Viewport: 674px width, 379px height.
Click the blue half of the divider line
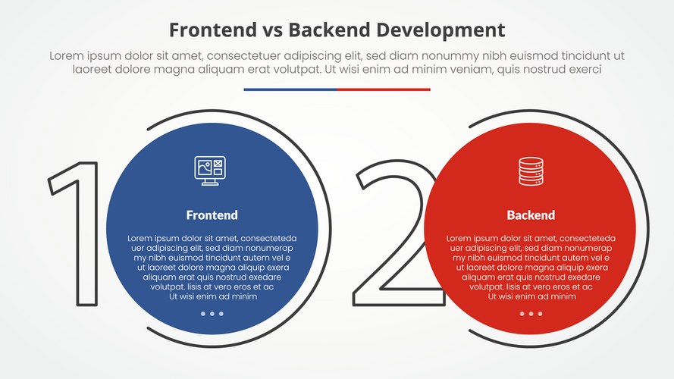tap(290, 89)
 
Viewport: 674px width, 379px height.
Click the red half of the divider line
tap(384, 89)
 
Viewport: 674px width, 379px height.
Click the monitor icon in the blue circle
tap(212, 170)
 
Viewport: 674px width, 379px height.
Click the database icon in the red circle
tap(531, 170)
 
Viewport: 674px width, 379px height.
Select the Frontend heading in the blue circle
tap(212, 215)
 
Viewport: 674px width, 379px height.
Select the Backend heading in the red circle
tap(531, 215)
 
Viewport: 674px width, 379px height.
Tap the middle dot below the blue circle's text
tap(212, 313)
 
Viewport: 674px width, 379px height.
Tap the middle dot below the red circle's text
tap(531, 313)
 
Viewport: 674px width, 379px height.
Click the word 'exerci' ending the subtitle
tap(584, 69)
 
